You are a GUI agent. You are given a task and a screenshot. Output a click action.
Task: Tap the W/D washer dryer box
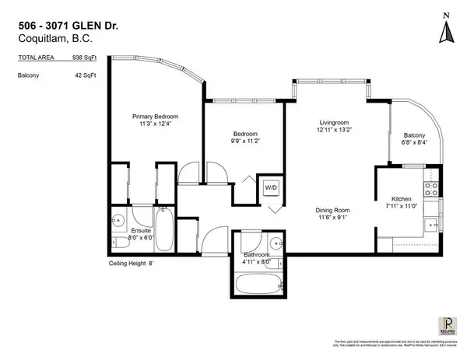point(271,187)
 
